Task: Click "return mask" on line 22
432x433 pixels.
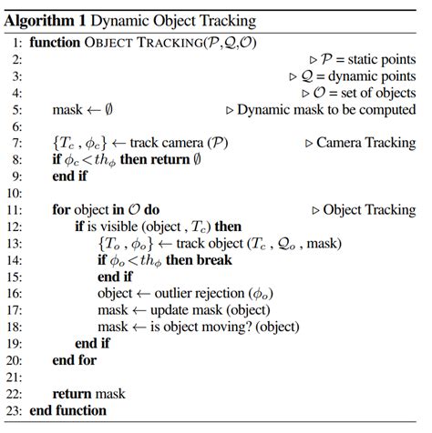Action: coord(88,393)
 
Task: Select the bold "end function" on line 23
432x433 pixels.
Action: coord(67,410)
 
